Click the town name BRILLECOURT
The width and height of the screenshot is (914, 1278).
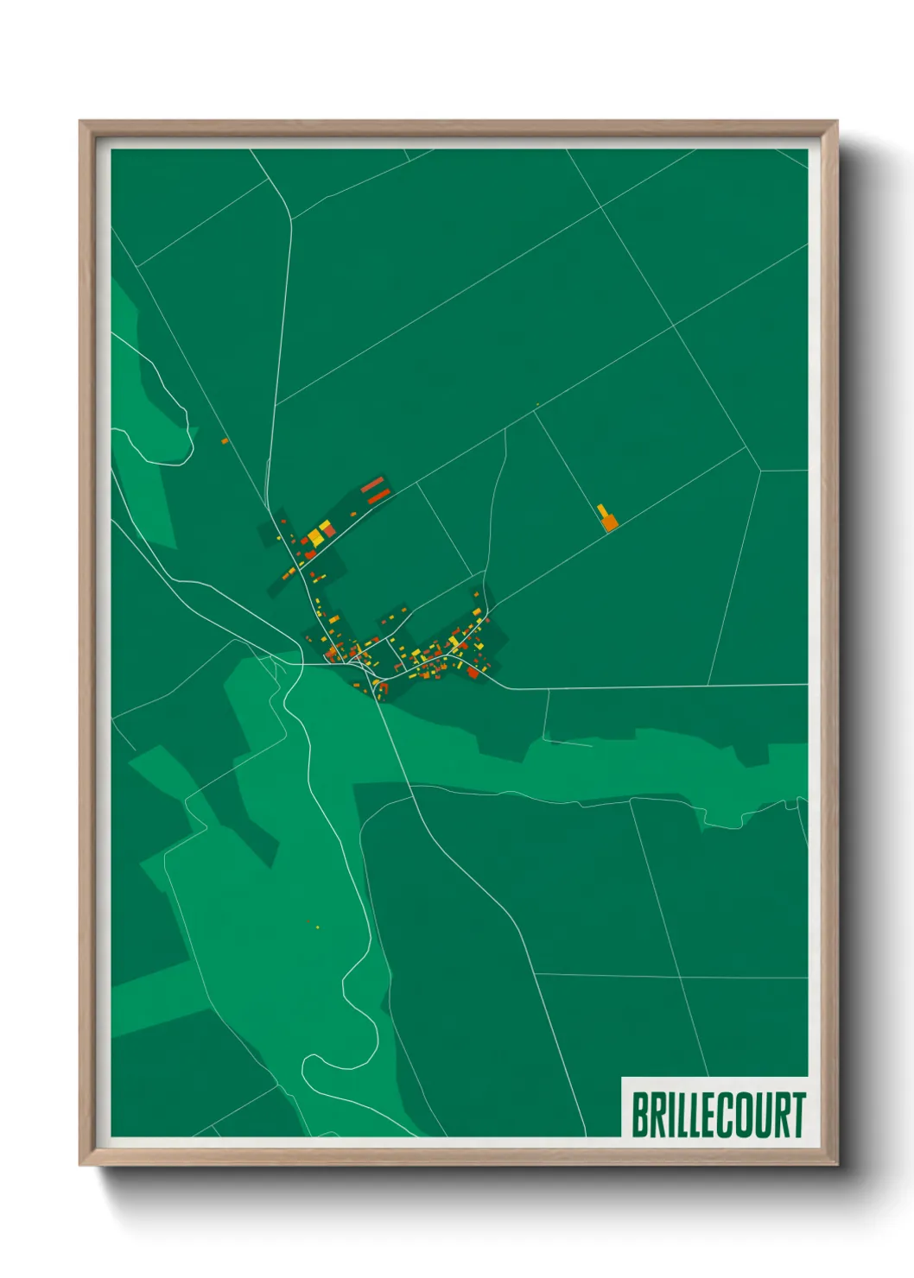pos(718,1115)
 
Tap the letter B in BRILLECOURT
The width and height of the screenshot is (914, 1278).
pos(641,1115)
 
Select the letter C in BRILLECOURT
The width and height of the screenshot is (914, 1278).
pos(727,1115)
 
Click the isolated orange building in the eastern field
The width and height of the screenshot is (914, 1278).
pos(609,522)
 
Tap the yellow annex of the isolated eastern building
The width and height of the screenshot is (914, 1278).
pos(602,510)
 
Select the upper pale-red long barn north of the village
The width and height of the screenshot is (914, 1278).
pos(372,484)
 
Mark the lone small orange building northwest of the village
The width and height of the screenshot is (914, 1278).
pos(225,441)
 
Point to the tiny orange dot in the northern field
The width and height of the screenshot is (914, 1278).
pos(537,404)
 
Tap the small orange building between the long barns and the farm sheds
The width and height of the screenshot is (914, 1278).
pos(353,515)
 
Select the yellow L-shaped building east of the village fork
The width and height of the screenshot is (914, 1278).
pos(454,642)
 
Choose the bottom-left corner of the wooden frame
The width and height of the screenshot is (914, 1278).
pos(81,1163)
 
